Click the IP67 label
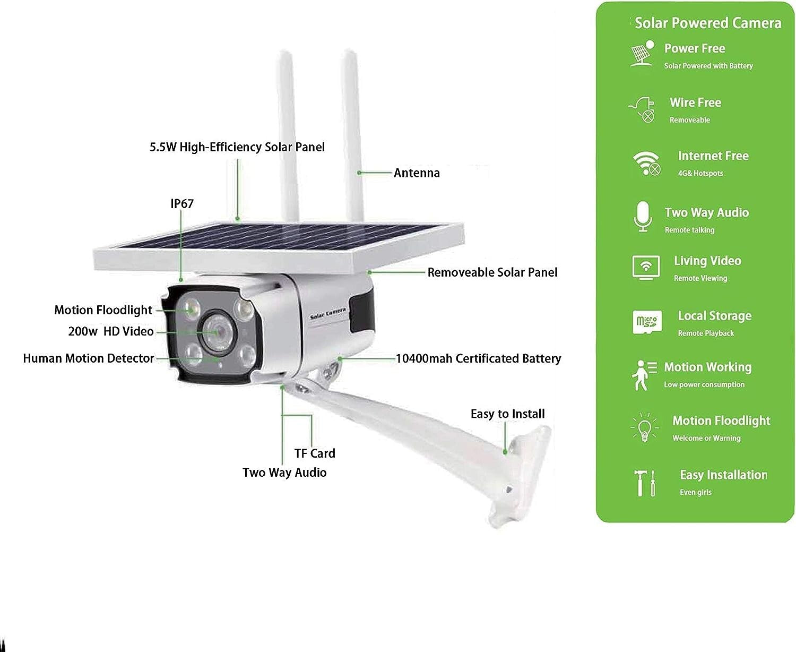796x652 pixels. click(182, 204)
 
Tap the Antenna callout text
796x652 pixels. click(417, 173)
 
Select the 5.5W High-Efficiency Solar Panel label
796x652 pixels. click(237, 147)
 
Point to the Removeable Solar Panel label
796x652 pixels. click(492, 272)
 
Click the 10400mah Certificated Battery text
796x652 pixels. click(478, 359)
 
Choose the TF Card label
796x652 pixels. click(315, 453)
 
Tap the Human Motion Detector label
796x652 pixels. click(89, 358)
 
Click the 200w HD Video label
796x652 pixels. click(111, 331)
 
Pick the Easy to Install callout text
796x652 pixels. click(507, 414)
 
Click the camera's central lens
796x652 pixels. click(217, 330)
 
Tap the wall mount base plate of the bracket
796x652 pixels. click(517, 478)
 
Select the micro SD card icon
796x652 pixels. click(647, 322)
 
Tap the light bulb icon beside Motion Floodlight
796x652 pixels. click(645, 427)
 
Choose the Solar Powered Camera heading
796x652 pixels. click(708, 23)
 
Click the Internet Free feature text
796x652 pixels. click(713, 156)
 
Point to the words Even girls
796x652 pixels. click(696, 493)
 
